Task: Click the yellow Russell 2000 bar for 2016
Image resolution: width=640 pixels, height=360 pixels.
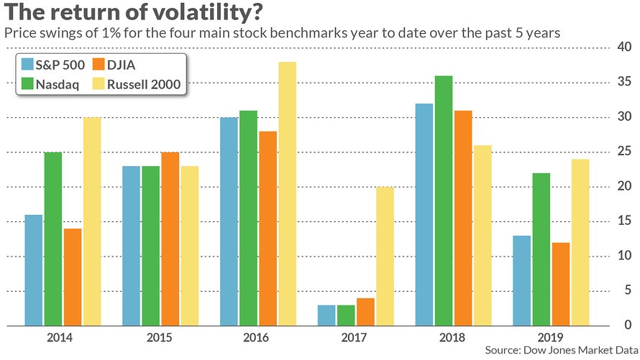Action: click(288, 194)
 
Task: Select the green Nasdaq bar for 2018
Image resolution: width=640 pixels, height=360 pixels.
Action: click(444, 200)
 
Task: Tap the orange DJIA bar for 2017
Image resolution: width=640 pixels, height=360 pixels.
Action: click(365, 312)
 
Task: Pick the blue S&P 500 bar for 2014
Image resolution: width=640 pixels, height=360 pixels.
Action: click(34, 270)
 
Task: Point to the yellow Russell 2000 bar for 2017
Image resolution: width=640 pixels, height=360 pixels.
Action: click(385, 257)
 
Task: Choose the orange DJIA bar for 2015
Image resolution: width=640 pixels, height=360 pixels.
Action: click(170, 239)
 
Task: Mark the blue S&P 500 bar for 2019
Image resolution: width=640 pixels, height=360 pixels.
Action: click(521, 281)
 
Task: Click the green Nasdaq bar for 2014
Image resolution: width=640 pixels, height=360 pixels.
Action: click(53, 239)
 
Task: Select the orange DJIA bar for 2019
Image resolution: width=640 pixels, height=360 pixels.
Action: click(560, 284)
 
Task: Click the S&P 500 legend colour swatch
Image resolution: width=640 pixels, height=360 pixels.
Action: click(27, 65)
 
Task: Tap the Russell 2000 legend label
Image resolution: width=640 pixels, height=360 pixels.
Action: click(144, 84)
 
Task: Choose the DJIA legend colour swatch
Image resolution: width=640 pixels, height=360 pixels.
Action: click(99, 65)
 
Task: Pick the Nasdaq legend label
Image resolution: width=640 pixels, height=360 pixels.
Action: click(57, 84)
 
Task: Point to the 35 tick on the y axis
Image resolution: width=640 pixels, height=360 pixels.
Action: click(623, 81)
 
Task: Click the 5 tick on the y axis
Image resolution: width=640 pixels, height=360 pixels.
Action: click(627, 290)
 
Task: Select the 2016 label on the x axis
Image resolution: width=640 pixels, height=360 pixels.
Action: click(256, 338)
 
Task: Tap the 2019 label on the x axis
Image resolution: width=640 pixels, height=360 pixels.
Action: click(550, 338)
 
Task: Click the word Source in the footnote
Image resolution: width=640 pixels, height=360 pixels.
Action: click(503, 350)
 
